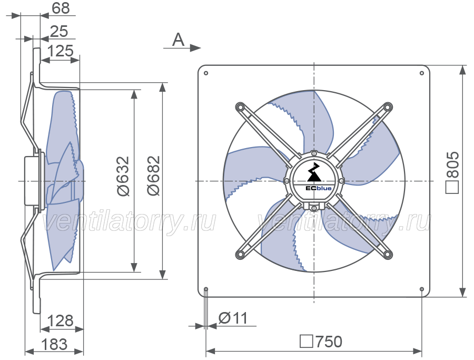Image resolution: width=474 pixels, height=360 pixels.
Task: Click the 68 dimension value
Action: (61, 8)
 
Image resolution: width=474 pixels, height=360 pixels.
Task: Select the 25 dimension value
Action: (59, 32)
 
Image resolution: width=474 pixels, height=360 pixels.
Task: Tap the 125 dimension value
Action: (61, 51)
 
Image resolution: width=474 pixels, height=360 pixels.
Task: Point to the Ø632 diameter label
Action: (123, 176)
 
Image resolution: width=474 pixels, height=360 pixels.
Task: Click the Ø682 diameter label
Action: (154, 176)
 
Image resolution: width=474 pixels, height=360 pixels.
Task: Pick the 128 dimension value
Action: (61, 320)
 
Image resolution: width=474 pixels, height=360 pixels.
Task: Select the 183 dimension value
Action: (54, 344)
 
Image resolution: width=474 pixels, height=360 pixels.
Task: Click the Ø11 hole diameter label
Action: (233, 318)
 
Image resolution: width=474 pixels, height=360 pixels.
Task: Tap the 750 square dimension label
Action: (321, 342)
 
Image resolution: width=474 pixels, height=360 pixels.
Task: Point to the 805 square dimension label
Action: (452, 172)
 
